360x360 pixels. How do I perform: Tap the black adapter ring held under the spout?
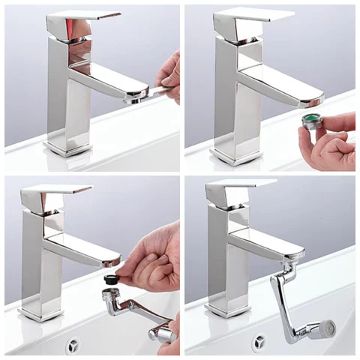point(112,277)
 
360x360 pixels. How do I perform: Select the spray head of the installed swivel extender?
point(325,328)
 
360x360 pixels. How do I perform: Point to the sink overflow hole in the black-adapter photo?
point(73,345)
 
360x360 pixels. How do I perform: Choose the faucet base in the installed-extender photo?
point(227,307)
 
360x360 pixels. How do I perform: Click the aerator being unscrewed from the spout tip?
point(137,94)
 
